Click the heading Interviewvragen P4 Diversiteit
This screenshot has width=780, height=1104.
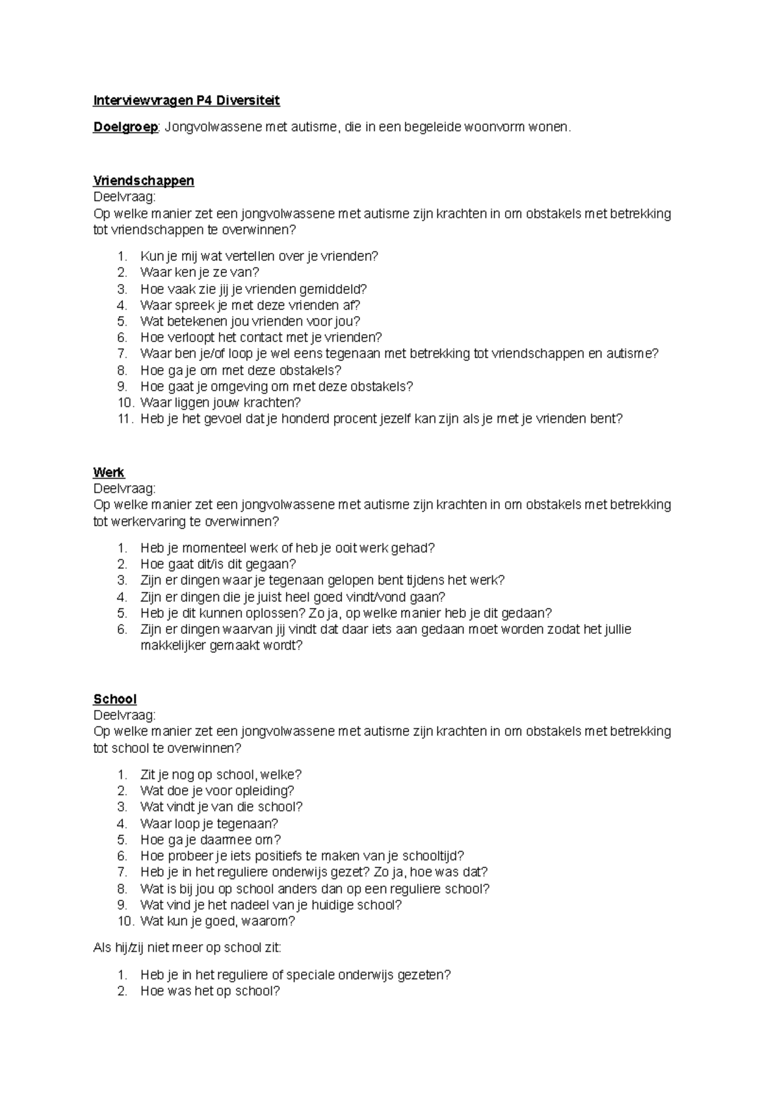point(187,101)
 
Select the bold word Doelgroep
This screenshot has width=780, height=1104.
point(125,127)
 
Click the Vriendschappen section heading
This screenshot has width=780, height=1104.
point(144,181)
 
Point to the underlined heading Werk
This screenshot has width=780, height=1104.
point(109,472)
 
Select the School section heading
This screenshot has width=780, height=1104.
point(114,699)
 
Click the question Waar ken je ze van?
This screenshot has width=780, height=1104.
point(200,272)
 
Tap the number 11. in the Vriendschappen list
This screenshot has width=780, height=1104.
point(125,419)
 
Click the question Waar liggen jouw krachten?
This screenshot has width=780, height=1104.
point(220,402)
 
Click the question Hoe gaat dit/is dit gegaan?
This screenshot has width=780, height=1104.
point(218,564)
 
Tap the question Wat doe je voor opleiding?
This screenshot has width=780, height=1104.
point(217,791)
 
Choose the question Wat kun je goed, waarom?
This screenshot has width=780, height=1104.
point(218,921)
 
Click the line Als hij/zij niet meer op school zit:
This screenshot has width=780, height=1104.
point(187,948)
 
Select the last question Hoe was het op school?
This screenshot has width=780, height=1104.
point(210,991)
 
